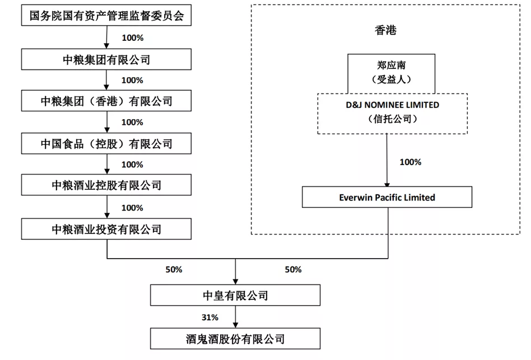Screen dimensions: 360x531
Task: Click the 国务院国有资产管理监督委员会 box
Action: coord(106,16)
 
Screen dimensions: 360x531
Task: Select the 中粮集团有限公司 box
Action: coord(106,59)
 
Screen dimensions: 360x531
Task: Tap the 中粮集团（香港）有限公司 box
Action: coord(106,101)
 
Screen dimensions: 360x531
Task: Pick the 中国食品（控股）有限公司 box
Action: coord(106,144)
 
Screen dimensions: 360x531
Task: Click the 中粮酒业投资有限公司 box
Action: coord(106,229)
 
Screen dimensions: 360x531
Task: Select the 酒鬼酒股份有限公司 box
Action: coord(235,339)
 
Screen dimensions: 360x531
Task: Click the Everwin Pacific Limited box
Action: coord(387,198)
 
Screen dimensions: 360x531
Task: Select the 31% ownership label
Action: coord(210,317)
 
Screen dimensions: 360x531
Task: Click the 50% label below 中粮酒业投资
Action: coord(174,269)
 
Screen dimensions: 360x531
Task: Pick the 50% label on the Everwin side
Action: coord(293,269)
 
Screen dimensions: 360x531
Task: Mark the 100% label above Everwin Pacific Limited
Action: coord(410,162)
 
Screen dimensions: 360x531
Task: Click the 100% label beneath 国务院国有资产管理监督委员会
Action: coord(132,38)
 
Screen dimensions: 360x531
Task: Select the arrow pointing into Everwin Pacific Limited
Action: coord(386,162)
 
